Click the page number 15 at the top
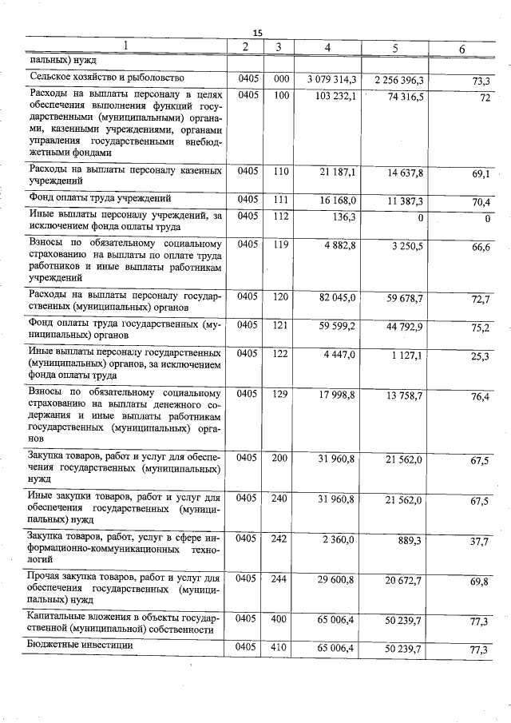pyautogui.click(x=257, y=32)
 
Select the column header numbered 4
pyautogui.click(x=327, y=48)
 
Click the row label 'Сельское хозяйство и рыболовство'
pyautogui.click(x=107, y=77)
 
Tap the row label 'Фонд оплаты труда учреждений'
pyautogui.click(x=100, y=197)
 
